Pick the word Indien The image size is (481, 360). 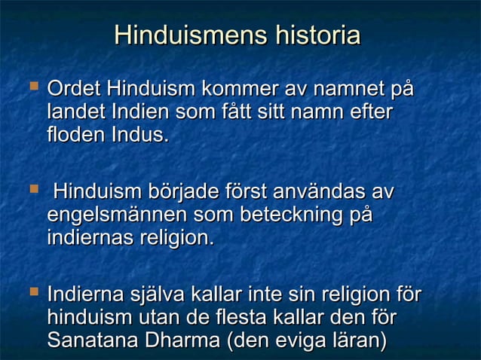(x=136, y=114)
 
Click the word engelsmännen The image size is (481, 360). (x=118, y=215)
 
